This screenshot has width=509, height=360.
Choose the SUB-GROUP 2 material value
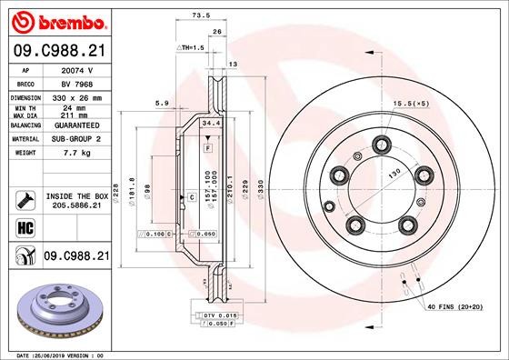(x=76, y=139)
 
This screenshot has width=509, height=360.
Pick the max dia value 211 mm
(x=75, y=115)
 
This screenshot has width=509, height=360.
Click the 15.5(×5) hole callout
(x=412, y=105)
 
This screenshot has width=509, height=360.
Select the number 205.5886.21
(x=75, y=206)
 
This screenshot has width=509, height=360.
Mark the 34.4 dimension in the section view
(x=208, y=122)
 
